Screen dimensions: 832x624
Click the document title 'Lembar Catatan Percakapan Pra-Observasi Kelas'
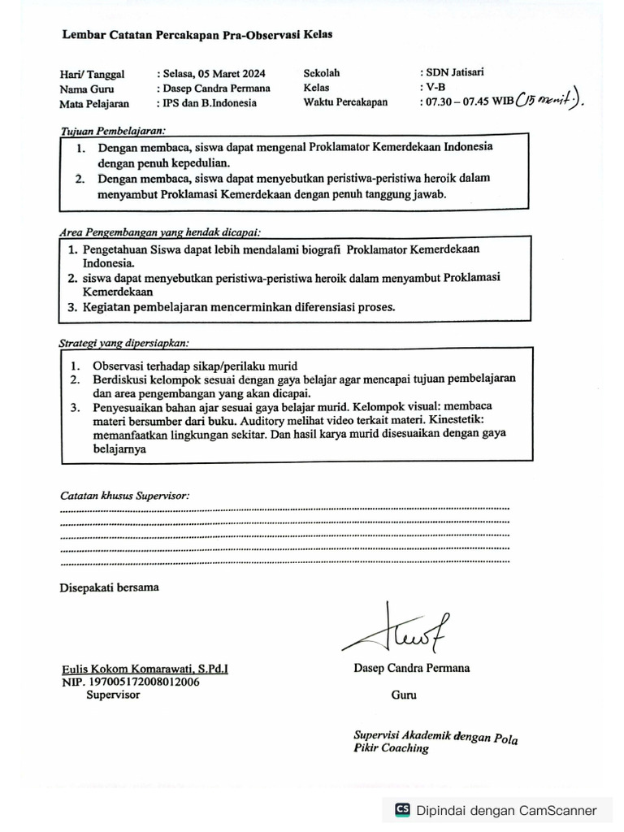[197, 35]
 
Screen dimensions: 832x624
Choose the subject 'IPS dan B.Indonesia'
[206, 103]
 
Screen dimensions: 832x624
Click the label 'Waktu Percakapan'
[345, 102]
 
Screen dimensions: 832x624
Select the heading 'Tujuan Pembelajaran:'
[113, 130]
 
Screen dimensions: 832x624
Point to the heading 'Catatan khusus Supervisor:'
[124, 495]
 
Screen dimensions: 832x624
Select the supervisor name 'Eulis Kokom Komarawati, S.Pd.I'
[145, 669]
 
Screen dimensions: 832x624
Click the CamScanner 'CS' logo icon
[402, 810]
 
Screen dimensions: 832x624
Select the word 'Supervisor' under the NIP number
[113, 695]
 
